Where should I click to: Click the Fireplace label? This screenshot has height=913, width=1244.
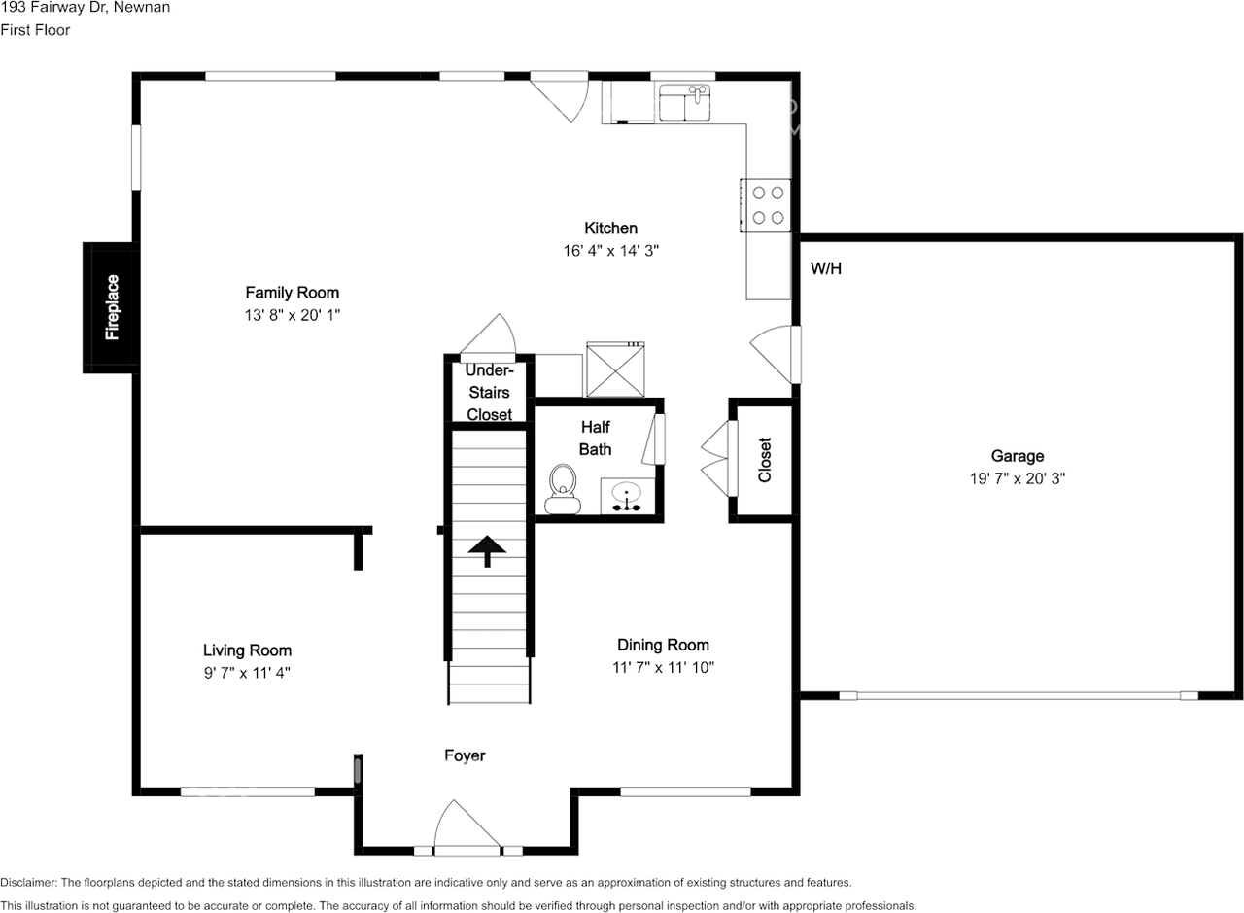pyautogui.click(x=112, y=307)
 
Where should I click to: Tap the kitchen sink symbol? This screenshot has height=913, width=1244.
pyautogui.click(x=685, y=103)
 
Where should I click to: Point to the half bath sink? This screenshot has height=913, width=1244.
pyautogui.click(x=627, y=497)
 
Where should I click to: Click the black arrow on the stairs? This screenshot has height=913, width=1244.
pyautogui.click(x=488, y=551)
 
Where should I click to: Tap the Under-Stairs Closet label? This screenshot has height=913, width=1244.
pyautogui.click(x=489, y=393)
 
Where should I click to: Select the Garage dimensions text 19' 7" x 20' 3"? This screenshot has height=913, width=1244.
pyautogui.click(x=1018, y=478)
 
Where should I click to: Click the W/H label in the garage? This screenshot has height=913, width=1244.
pyautogui.click(x=826, y=268)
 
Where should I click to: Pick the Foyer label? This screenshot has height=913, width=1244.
pyautogui.click(x=465, y=755)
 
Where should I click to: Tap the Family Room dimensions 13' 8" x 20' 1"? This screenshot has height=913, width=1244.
pyautogui.click(x=292, y=314)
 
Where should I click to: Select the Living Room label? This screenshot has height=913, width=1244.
pyautogui.click(x=247, y=650)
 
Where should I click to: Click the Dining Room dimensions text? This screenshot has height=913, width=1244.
pyautogui.click(x=664, y=667)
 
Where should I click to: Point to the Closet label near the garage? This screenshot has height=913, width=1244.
pyautogui.click(x=765, y=460)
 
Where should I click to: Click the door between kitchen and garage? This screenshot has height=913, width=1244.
pyautogui.click(x=778, y=353)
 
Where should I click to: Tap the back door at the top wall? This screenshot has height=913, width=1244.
pyautogui.click(x=564, y=94)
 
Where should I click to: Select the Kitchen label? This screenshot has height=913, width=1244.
pyautogui.click(x=610, y=228)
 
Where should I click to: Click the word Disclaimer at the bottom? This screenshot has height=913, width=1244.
pyautogui.click(x=28, y=883)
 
